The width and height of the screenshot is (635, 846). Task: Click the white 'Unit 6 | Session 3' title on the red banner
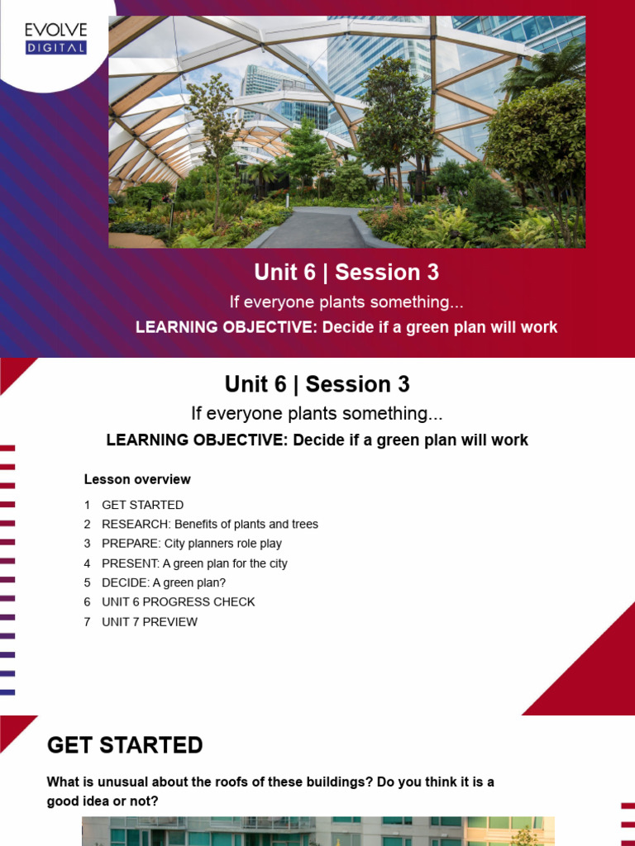[346, 273]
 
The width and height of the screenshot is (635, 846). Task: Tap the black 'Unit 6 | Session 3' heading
[317, 384]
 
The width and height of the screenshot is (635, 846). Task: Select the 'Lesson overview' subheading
[137, 479]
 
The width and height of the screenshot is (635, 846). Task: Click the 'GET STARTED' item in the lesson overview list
[142, 505]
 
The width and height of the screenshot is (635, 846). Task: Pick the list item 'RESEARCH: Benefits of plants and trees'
[209, 524]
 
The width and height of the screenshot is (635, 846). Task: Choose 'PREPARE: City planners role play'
[191, 544]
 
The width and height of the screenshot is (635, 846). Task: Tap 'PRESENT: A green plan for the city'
[194, 563]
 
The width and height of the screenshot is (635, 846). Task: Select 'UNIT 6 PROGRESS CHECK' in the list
[178, 601]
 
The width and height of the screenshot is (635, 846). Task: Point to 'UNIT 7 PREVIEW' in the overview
[149, 622]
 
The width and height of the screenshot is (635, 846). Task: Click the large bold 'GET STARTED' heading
[125, 745]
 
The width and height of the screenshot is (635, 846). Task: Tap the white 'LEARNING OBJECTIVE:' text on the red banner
[227, 327]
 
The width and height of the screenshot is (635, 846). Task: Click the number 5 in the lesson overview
[87, 582]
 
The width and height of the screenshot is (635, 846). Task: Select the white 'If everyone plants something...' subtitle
[346, 302]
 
